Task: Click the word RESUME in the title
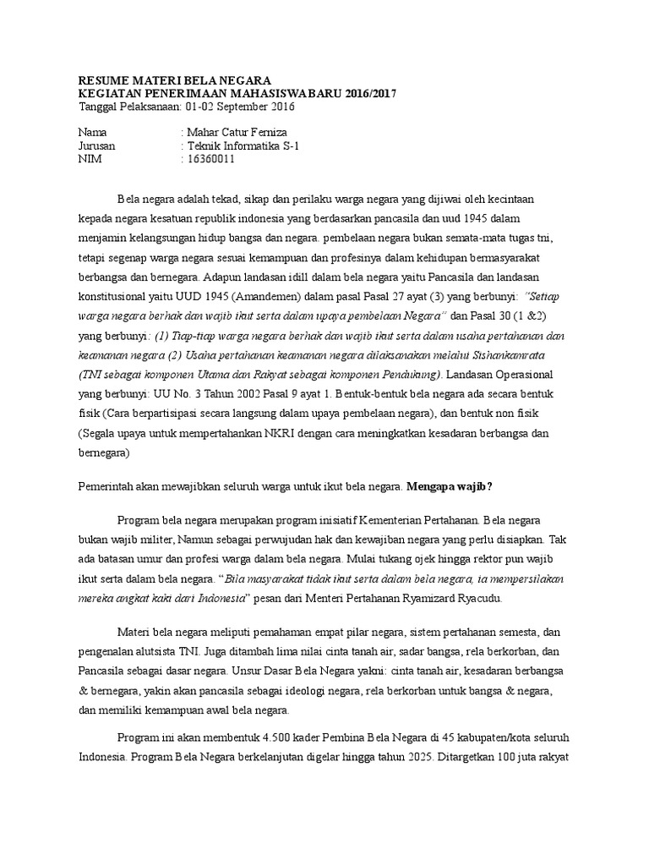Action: click(x=101, y=80)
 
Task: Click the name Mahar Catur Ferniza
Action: click(x=239, y=133)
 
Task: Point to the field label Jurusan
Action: click(x=96, y=145)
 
